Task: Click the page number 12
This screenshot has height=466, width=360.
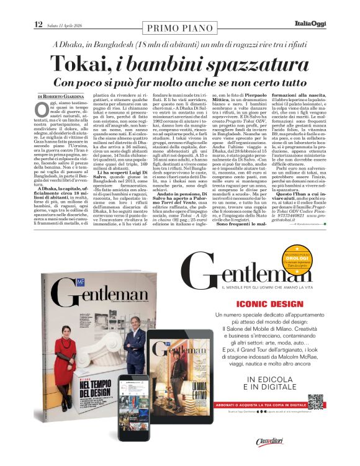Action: coord(38,24)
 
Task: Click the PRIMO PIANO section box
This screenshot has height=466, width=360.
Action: coord(179,28)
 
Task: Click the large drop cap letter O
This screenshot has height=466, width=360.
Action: coord(41,110)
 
